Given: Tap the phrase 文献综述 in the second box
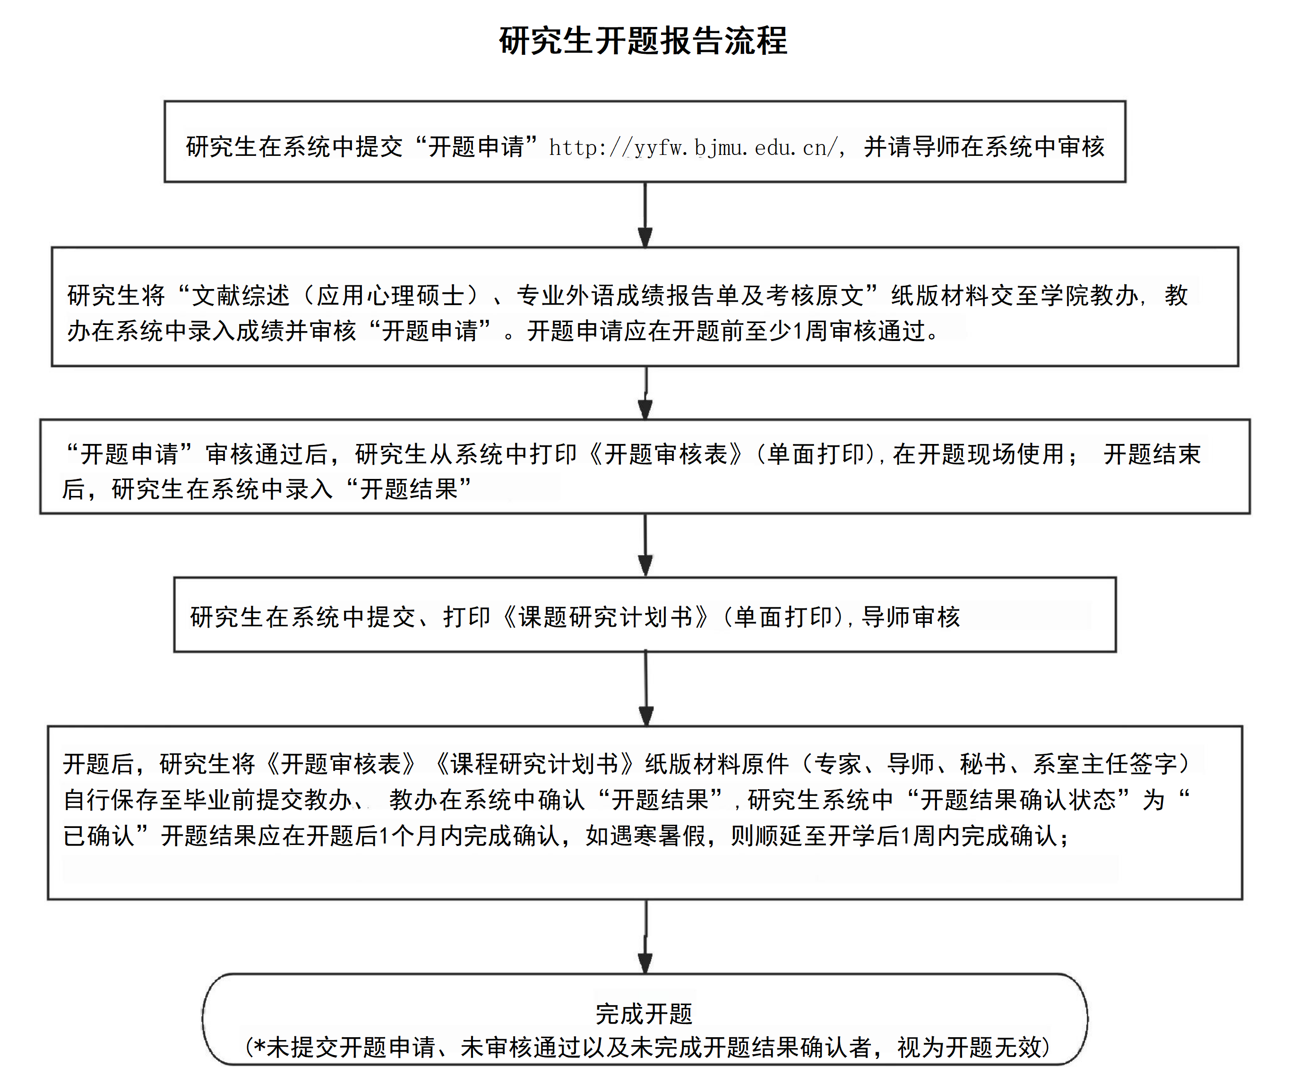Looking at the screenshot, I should tap(241, 295).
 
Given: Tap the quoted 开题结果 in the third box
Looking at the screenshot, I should tap(409, 489).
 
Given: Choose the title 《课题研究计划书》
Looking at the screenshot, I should tap(605, 617).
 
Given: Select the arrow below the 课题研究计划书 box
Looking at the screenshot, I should tap(646, 688).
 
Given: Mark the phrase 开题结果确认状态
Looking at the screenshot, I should tap(1017, 800).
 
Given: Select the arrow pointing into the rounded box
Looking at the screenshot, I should tap(645, 937).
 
